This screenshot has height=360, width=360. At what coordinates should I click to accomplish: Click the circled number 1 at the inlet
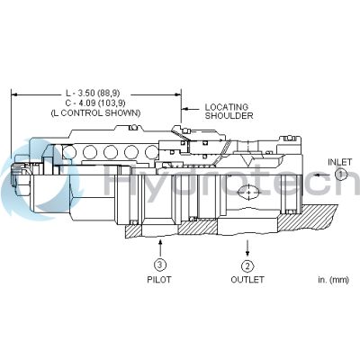[339, 176]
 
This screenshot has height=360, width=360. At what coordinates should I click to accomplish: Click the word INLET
[339, 162]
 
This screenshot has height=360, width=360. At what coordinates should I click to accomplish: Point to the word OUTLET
[247, 280]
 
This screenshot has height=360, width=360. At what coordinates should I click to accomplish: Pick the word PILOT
[158, 280]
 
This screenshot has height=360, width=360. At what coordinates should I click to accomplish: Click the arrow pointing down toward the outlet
[247, 247]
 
